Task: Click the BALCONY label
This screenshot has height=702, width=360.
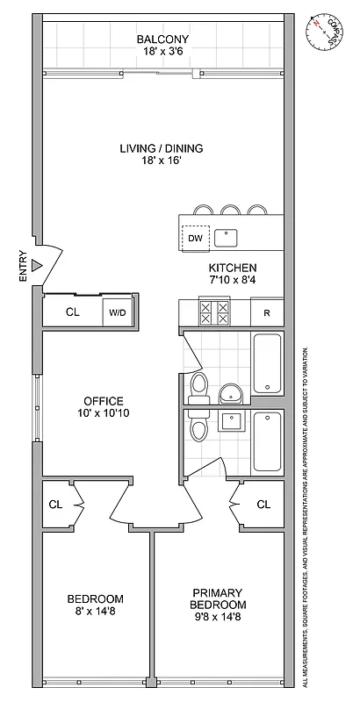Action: (x=162, y=39)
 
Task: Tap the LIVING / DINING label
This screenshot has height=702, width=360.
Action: (x=162, y=148)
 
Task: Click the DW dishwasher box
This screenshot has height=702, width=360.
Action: (x=195, y=237)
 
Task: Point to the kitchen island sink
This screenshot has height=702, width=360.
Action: (x=228, y=235)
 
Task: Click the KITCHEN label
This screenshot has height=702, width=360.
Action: (x=232, y=268)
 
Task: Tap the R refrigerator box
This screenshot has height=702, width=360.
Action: (x=267, y=312)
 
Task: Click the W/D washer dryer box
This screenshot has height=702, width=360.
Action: (x=118, y=312)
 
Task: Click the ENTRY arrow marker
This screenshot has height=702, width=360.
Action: (x=37, y=263)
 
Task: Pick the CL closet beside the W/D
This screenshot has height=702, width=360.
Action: (x=73, y=312)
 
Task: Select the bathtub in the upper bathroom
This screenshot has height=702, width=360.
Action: (x=267, y=363)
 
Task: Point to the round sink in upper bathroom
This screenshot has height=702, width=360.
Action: (x=231, y=391)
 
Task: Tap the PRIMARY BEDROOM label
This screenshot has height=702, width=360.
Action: (x=220, y=598)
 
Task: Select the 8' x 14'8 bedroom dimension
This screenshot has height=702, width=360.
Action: (x=95, y=613)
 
